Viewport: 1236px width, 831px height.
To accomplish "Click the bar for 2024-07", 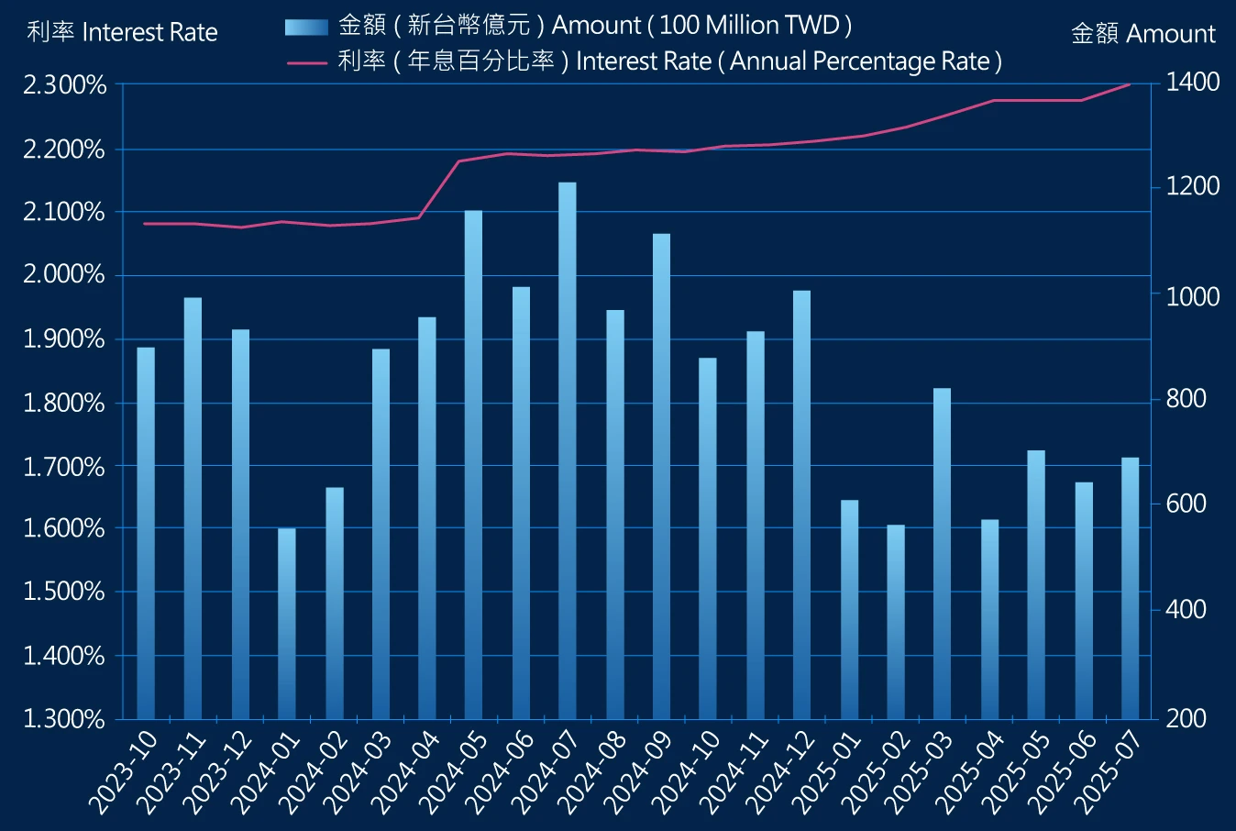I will (568, 449).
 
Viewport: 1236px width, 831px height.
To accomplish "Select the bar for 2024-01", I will (287, 624).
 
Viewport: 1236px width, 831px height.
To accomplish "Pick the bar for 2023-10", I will (146, 532).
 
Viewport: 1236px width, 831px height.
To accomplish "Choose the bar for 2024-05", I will (473, 464).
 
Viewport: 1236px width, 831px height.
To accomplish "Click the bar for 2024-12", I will (801, 504).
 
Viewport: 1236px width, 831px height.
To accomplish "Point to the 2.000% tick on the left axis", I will (64, 275).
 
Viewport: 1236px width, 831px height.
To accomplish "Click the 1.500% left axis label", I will (64, 592).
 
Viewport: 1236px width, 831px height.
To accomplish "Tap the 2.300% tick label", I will (64, 85).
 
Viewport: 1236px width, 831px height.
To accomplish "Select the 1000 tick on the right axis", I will (1192, 296).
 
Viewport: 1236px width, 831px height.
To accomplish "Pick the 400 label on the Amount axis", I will (1186, 610).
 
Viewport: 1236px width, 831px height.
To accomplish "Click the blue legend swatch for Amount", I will (305, 27).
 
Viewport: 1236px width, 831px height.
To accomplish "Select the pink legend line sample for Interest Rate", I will (307, 62).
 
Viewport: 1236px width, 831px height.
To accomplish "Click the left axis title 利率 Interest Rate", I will (122, 33).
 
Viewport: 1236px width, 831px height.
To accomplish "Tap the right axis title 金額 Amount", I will (1142, 34).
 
